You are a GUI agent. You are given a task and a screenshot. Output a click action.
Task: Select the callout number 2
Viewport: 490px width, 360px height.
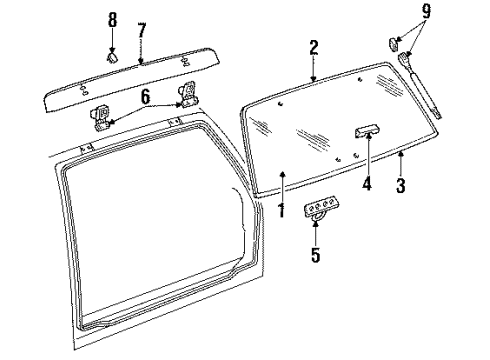click(x=313, y=46)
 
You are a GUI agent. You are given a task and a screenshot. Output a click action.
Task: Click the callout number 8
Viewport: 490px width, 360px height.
click(x=112, y=19)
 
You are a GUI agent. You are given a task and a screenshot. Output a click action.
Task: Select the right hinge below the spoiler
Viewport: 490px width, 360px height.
click(x=186, y=95)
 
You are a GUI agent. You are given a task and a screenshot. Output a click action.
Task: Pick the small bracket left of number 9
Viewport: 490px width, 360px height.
click(x=394, y=43)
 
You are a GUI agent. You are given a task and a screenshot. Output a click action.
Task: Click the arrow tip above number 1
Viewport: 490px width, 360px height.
click(x=283, y=176)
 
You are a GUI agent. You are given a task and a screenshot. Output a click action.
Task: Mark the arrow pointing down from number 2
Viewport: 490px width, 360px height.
click(x=313, y=75)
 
